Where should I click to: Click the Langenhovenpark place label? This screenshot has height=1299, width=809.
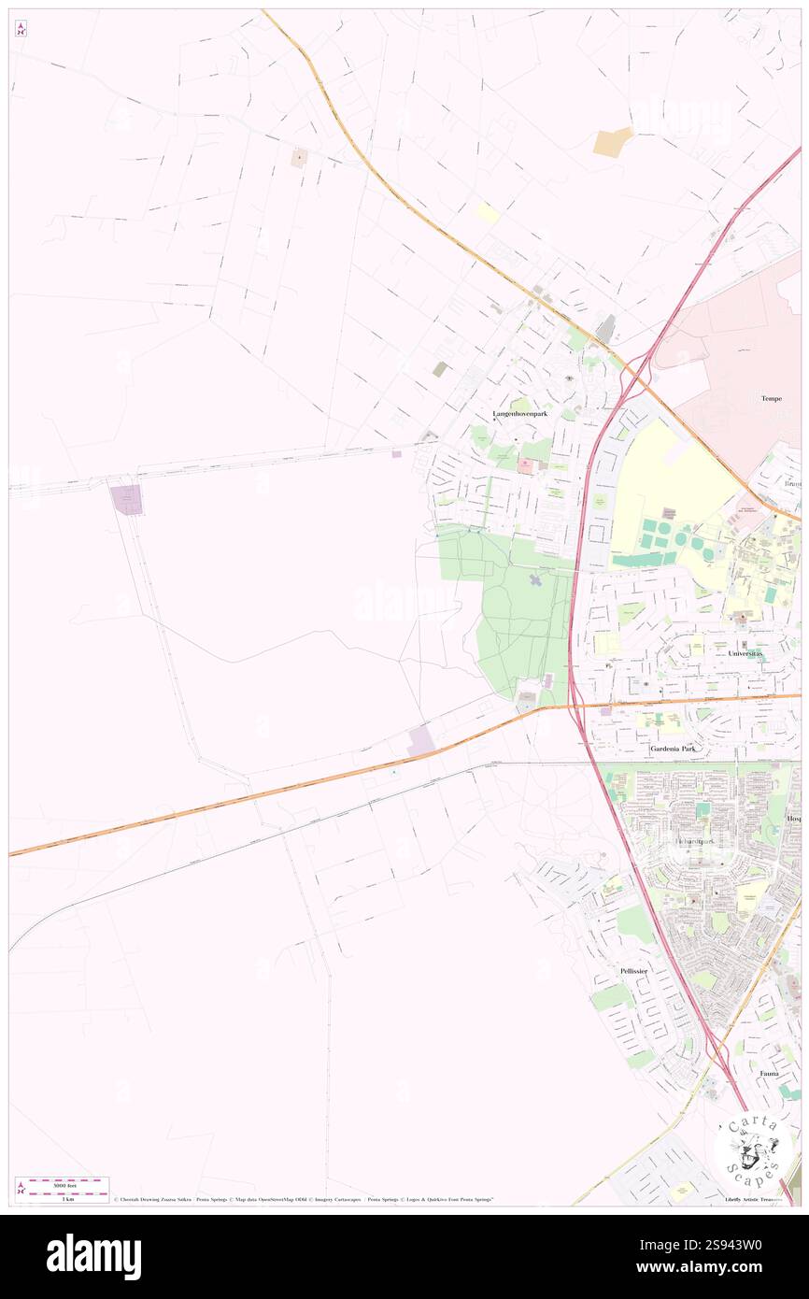[520, 413]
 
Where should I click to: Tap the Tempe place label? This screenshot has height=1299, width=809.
[771, 398]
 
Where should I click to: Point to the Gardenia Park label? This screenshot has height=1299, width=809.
[677, 749]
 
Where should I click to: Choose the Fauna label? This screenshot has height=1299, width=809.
[769, 1074]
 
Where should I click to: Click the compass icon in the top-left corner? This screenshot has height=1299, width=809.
[21, 29]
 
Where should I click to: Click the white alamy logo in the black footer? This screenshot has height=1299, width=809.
[93, 1256]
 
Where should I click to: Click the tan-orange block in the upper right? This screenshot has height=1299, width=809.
[613, 142]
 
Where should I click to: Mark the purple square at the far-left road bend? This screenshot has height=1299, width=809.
[127, 499]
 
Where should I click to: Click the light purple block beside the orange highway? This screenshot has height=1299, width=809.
[420, 741]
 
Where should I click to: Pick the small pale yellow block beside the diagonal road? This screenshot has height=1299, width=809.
[488, 213]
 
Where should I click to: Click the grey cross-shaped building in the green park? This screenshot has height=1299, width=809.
[536, 582]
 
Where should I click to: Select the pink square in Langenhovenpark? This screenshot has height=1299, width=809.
[525, 465]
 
